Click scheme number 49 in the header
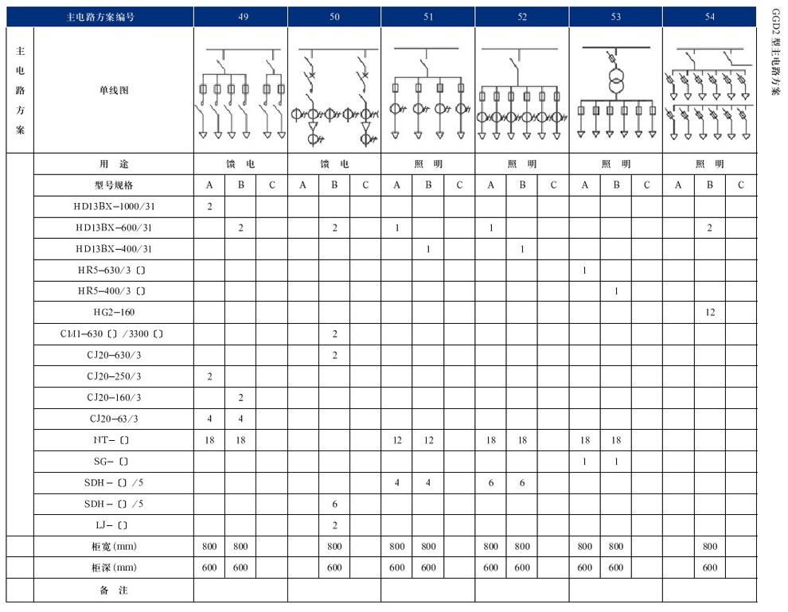[x=240, y=17]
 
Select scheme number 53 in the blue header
[x=615, y=17]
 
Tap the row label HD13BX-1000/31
[x=114, y=207]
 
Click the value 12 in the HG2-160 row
[x=709, y=313]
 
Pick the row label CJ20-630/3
[x=114, y=355]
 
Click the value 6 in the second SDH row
[x=334, y=504]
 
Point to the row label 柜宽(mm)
[x=114, y=547]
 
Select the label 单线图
[x=114, y=91]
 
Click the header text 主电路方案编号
[x=99, y=17]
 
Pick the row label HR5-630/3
[x=114, y=271]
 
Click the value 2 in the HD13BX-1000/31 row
[x=209, y=207]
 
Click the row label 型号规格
[x=114, y=185]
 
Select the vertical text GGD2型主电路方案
[x=776, y=53]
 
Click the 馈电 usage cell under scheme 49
[x=240, y=164]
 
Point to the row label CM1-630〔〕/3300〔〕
[x=114, y=333]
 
